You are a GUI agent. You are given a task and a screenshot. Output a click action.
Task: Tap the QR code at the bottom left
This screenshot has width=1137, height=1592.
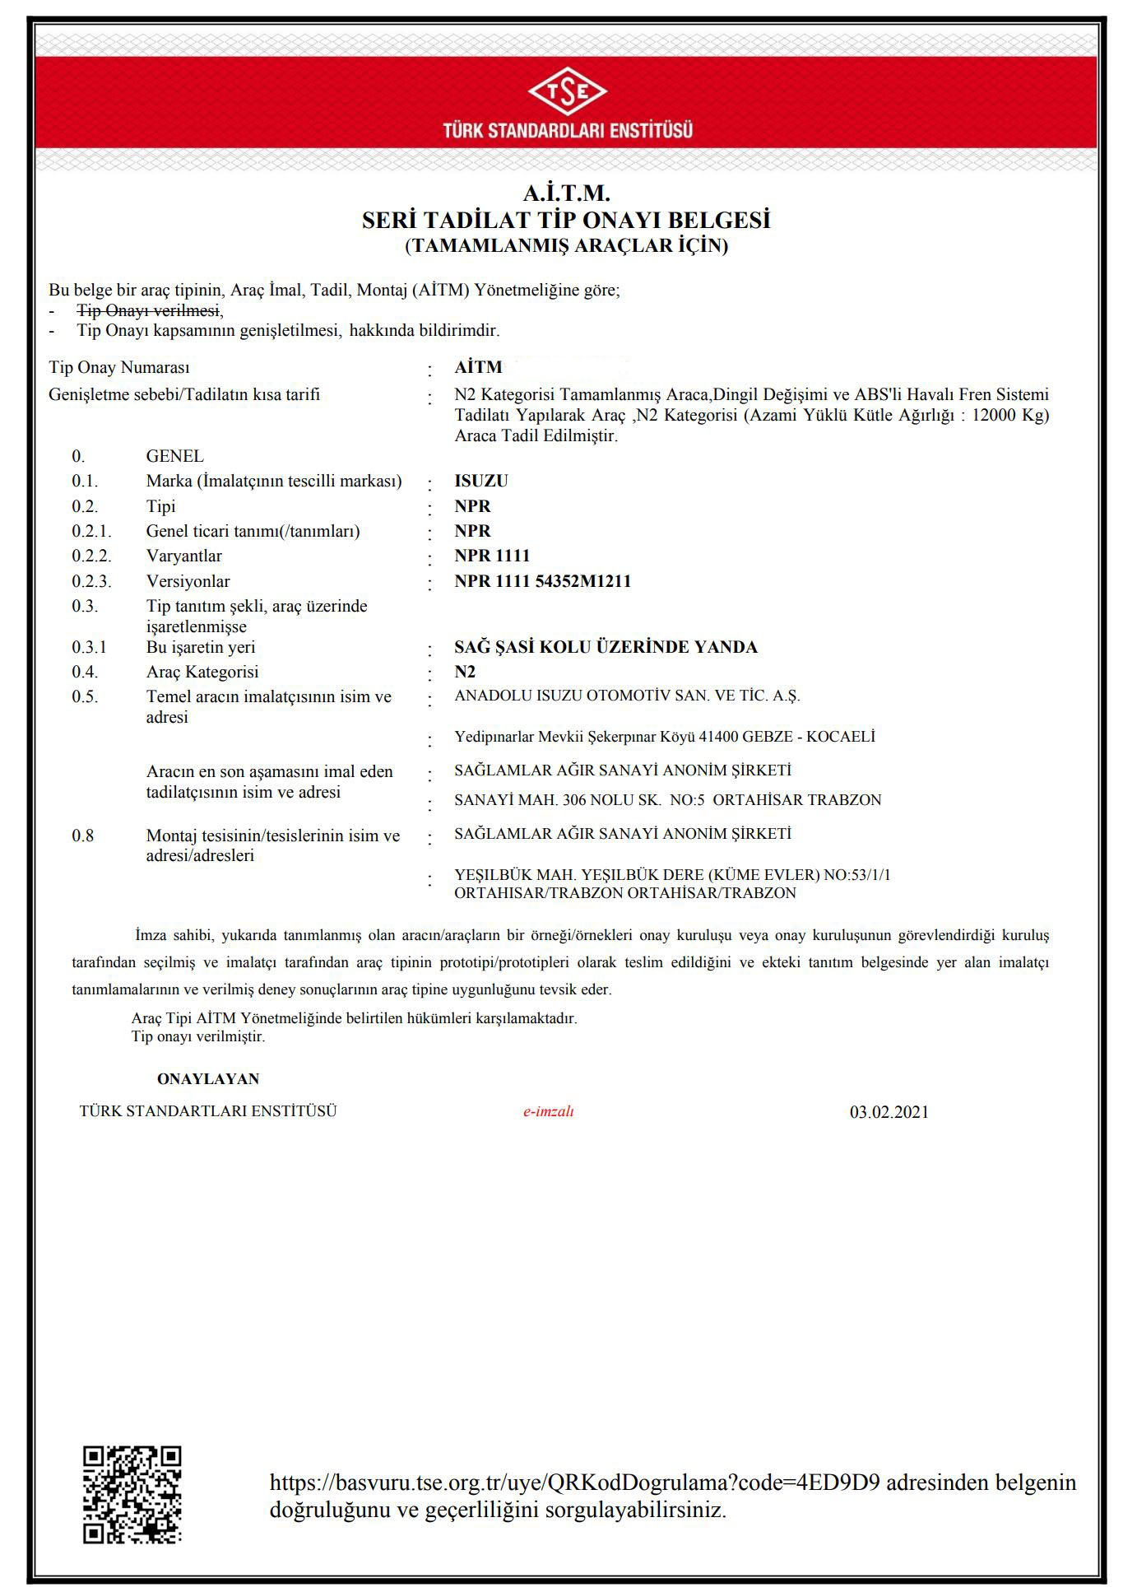tap(132, 1493)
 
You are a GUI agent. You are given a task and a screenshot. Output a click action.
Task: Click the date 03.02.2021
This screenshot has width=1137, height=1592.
tap(889, 1112)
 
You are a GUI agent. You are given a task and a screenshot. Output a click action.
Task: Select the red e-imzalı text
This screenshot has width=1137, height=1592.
tap(549, 1111)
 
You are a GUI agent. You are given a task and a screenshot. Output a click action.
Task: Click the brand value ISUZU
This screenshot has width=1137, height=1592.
tap(481, 481)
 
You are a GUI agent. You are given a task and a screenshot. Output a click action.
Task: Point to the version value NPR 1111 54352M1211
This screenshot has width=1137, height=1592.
tap(542, 581)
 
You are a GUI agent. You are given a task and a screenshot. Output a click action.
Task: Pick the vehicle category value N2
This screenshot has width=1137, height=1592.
tap(465, 672)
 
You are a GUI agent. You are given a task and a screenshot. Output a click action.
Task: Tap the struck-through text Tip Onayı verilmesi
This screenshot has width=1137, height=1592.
tap(149, 310)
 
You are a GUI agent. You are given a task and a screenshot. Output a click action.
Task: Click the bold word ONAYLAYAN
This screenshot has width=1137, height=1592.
tap(208, 1078)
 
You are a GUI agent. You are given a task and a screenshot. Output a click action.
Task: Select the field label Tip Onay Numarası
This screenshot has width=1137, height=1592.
tap(119, 367)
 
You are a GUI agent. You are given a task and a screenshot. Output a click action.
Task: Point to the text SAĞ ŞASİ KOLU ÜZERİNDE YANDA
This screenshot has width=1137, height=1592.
tap(606, 647)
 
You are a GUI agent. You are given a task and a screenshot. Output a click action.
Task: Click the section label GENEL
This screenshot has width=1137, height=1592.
tap(174, 456)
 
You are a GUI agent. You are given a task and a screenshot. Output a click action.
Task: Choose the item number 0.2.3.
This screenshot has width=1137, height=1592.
tap(91, 581)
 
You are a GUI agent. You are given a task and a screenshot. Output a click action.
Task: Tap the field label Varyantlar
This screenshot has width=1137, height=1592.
tap(184, 556)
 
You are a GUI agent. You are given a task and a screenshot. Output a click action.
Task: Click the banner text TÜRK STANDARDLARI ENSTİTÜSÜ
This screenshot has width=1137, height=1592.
tap(567, 130)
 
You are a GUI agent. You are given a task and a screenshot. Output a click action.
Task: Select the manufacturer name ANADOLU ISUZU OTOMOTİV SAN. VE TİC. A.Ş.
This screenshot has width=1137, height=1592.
tap(627, 696)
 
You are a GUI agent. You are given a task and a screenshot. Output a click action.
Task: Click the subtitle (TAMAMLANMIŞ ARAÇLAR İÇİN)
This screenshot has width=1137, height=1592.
tap(566, 245)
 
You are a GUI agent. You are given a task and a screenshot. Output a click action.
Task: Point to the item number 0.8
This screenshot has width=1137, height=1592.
tap(83, 836)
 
